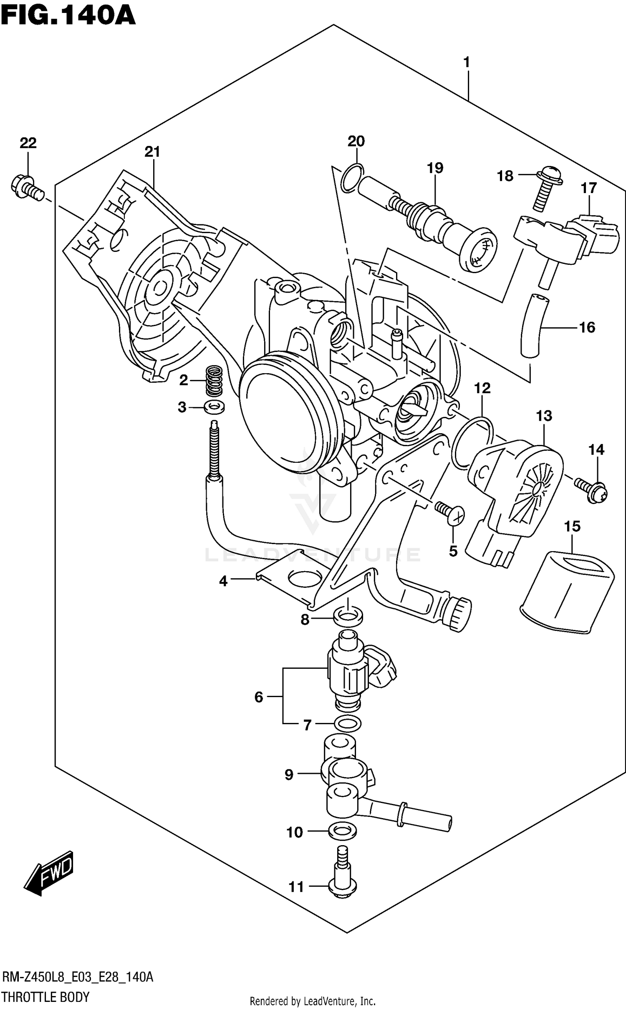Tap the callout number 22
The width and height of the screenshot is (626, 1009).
[x=28, y=143]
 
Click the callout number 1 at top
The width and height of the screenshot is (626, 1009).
[x=467, y=63]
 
